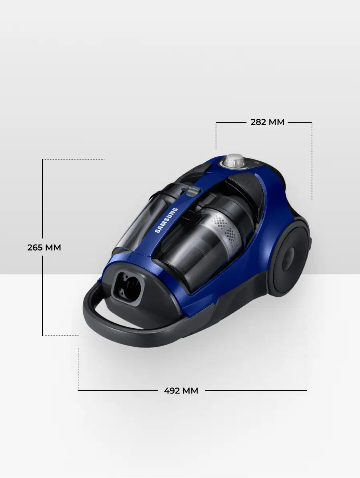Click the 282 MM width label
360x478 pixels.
coord(268,122)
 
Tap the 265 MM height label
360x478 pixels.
coord(44,247)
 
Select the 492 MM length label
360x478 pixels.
coord(181,390)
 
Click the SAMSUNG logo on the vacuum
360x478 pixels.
coord(166,220)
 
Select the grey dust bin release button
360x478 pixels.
coord(192,191)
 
